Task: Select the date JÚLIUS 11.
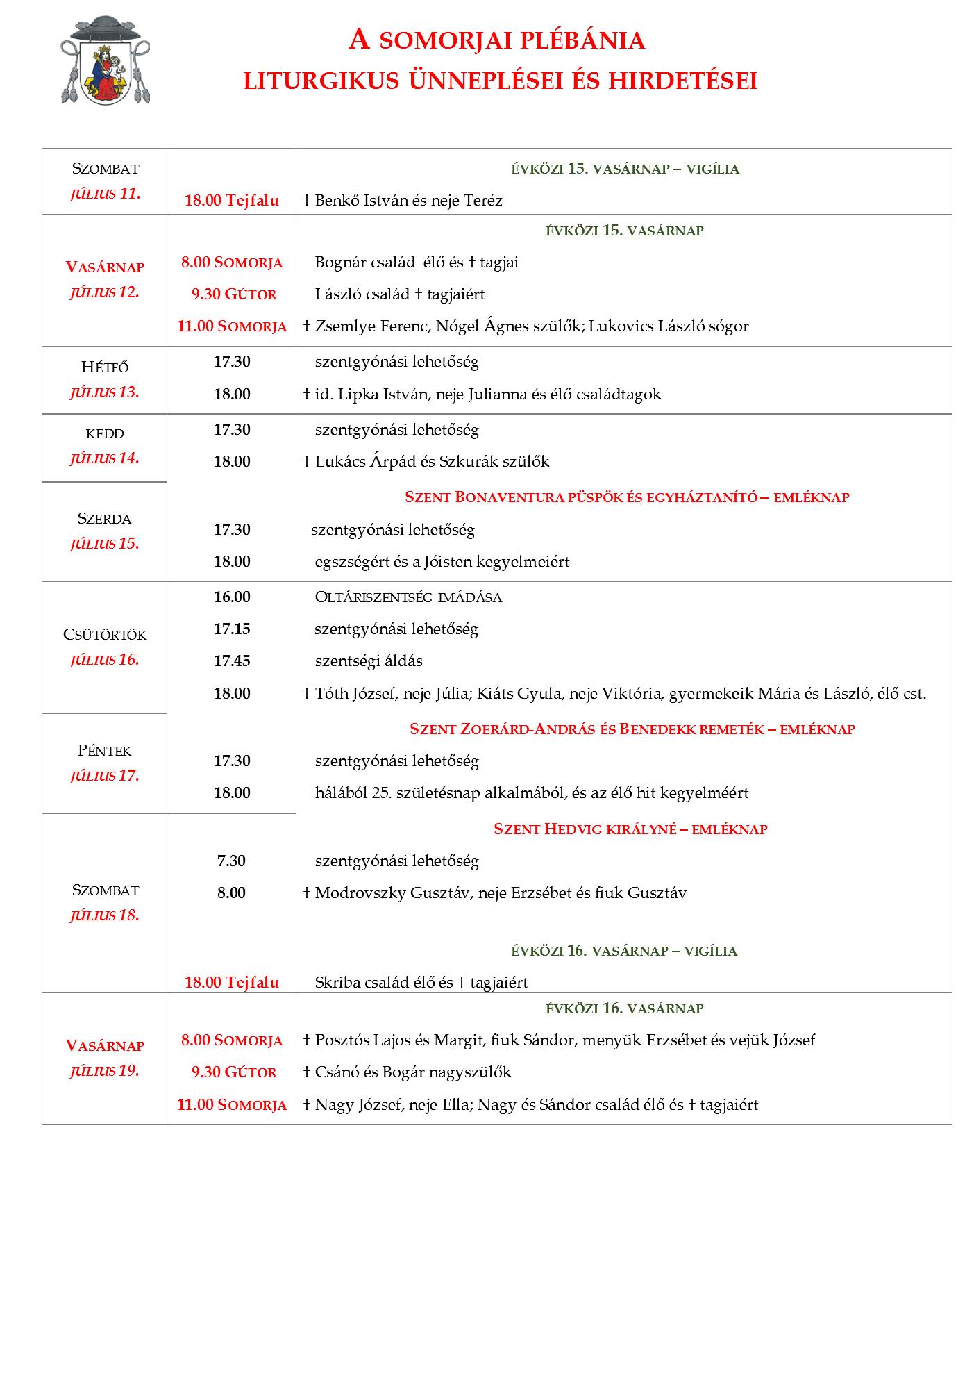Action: [105, 194]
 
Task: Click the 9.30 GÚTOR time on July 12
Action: [234, 294]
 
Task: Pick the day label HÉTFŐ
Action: [105, 367]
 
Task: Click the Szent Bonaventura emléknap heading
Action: [626, 497]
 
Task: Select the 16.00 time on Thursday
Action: [232, 597]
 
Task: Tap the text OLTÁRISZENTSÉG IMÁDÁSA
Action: [408, 597]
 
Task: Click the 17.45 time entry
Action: [232, 661]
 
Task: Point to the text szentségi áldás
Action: [369, 661]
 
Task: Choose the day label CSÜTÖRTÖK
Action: [105, 635]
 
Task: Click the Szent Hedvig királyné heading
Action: [630, 829]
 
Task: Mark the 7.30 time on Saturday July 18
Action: [231, 861]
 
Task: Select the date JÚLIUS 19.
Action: [105, 1071]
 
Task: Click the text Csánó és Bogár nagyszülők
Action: [412, 1072]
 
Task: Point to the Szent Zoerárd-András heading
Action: [632, 729]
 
